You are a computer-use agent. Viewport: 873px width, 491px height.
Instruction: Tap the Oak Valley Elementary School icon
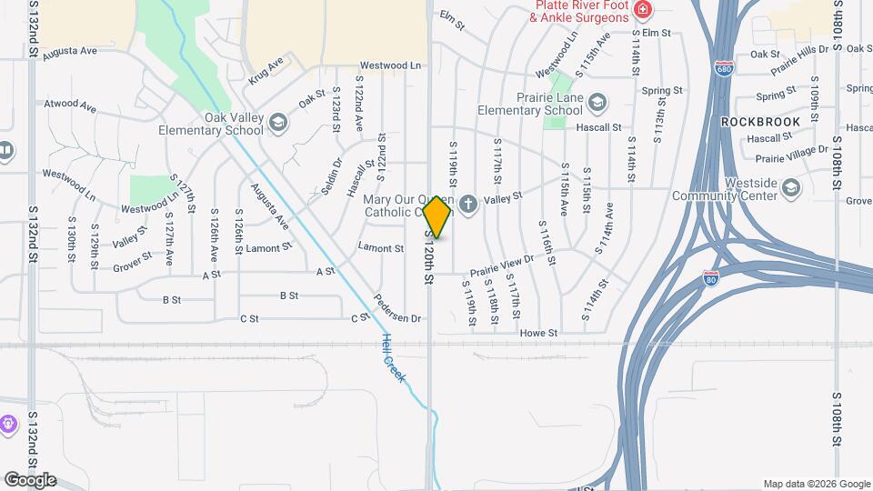(278, 125)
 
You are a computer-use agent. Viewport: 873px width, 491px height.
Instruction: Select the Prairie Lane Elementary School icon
(597, 100)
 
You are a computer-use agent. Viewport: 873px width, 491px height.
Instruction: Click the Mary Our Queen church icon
(469, 205)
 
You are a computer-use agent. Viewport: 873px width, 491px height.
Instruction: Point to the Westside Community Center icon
(791, 188)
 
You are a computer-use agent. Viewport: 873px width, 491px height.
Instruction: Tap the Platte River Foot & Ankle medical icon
(643, 10)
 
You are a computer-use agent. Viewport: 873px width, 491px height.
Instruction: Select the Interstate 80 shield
(711, 278)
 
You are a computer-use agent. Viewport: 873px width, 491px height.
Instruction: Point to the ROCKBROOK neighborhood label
(761, 121)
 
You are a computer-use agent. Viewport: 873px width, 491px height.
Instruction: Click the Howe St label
(538, 334)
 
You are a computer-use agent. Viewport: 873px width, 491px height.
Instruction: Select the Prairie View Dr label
(500, 266)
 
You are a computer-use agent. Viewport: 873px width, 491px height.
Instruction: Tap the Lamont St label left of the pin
(381, 247)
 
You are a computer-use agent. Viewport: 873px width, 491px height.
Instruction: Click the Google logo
(29, 480)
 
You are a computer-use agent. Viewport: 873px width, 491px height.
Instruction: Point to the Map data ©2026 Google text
(816, 484)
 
